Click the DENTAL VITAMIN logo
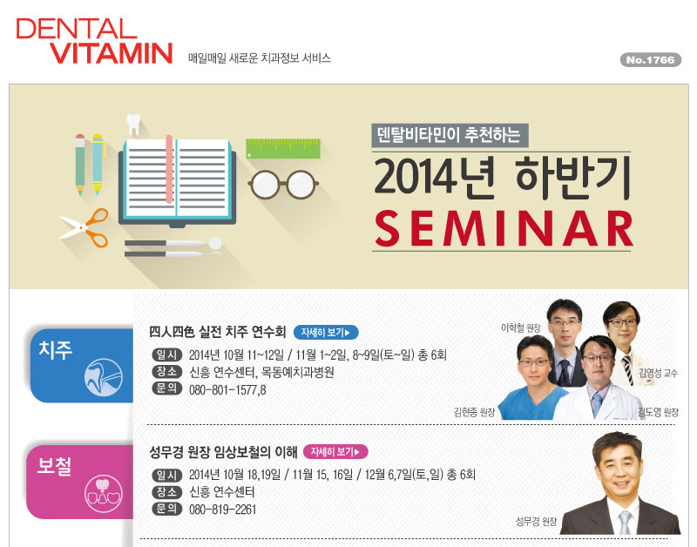click(94, 41)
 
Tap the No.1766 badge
click(650, 60)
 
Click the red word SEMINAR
click(504, 229)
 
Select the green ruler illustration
click(283, 149)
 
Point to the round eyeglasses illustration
click(283, 184)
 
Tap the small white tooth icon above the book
click(133, 124)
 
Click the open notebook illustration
click(177, 181)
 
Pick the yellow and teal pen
click(98, 164)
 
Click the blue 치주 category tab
click(81, 365)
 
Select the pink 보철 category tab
click(80, 482)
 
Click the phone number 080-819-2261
click(223, 510)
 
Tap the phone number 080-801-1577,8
click(227, 390)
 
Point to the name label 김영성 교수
click(658, 373)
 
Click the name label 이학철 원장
click(520, 328)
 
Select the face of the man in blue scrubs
click(535, 363)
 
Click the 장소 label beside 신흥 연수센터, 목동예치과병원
click(166, 371)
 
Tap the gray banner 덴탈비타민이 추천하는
click(450, 135)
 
